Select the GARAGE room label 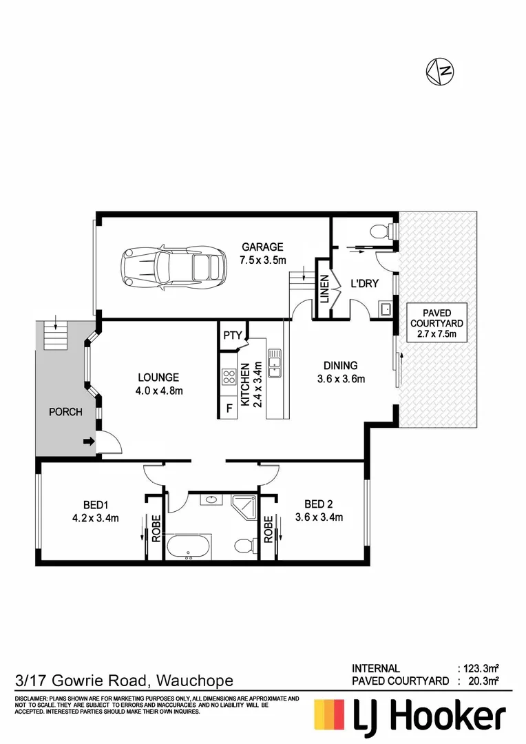tap(262, 247)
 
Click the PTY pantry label tap(232, 336)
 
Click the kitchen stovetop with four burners tap(229, 377)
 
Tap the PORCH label tap(65, 413)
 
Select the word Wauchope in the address tap(196, 681)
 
